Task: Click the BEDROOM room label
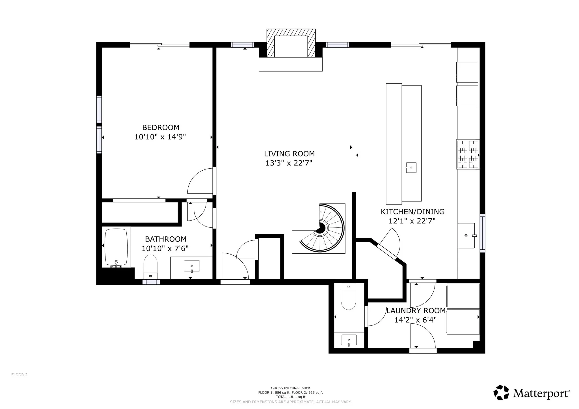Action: click(x=161, y=127)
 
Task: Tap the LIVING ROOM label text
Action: click(x=289, y=154)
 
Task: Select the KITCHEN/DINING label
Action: click(x=412, y=212)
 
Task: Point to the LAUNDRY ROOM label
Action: click(x=416, y=311)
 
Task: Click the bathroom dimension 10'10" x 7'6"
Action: click(x=165, y=249)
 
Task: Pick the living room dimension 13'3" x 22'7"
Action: click(x=289, y=163)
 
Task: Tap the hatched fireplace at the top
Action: click(x=291, y=43)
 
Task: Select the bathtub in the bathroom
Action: click(x=116, y=248)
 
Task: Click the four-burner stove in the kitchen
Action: click(x=468, y=154)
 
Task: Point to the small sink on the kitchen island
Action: click(x=411, y=168)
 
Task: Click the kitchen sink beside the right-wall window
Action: click(x=467, y=236)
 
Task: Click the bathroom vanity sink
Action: click(x=192, y=266)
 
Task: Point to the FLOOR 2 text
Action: click(x=19, y=375)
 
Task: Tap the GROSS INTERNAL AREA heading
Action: click(x=291, y=388)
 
